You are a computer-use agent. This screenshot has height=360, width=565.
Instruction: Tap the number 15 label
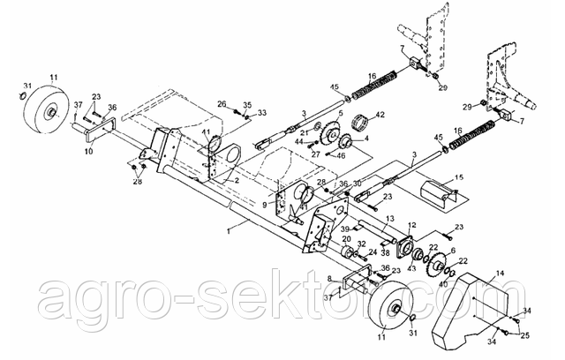(457, 179)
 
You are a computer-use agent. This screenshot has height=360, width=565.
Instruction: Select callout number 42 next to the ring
(380, 116)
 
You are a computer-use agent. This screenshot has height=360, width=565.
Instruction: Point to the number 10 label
(87, 151)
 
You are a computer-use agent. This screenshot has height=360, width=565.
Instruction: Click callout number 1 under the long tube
(229, 229)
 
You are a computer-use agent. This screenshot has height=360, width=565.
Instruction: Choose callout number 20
(346, 238)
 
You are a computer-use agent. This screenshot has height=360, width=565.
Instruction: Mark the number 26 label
(222, 103)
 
